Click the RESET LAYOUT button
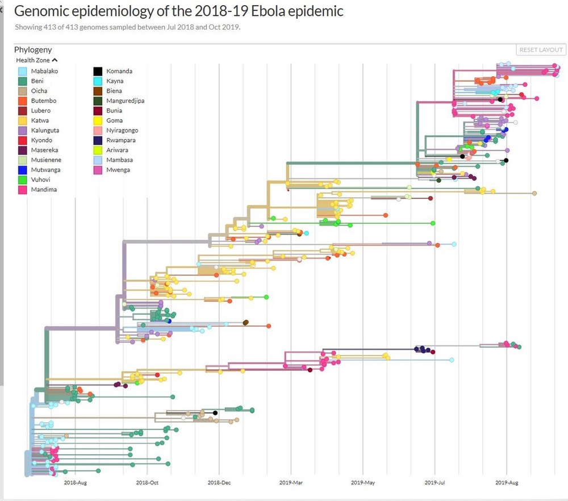coord(541,50)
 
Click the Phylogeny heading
coord(33,50)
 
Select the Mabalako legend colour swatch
coord(22,72)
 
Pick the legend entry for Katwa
coord(40,120)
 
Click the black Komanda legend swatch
coord(98,72)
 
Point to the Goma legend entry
coord(114,120)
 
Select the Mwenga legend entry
coord(118,170)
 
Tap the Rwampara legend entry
coord(121,140)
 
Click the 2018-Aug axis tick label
coord(75,483)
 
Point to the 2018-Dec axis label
coord(219,483)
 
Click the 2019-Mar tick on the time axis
coord(291,483)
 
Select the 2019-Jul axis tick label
coord(435,483)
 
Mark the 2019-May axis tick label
coord(363,483)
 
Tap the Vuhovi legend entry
coord(40,179)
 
